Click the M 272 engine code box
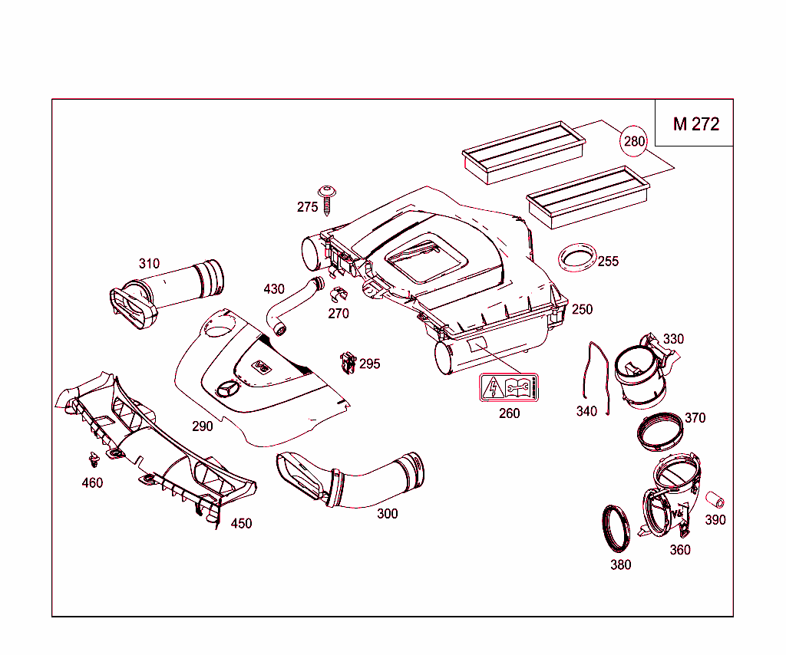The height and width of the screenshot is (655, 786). [695, 123]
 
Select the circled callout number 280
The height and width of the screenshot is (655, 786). [635, 141]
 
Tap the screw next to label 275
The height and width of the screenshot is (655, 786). [329, 198]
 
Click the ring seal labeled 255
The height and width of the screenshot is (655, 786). [576, 258]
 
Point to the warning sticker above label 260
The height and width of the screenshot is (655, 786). [509, 388]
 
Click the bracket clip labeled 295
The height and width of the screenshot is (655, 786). [348, 361]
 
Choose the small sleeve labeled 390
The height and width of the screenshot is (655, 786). [715, 500]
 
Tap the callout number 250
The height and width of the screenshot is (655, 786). [582, 309]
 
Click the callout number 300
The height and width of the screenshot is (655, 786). [388, 514]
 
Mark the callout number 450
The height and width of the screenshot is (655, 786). [241, 524]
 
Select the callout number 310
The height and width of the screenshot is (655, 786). [150, 264]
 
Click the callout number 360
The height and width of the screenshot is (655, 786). [680, 550]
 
